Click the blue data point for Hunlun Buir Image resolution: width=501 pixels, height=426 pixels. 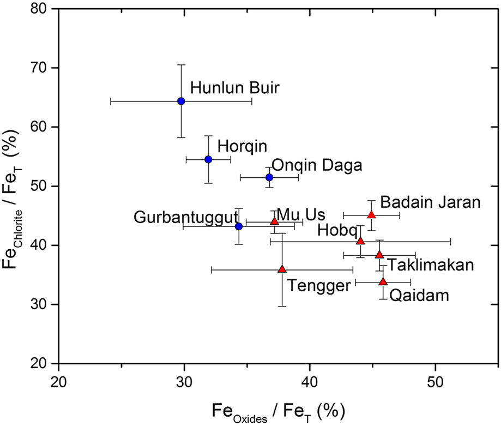(x=181, y=101)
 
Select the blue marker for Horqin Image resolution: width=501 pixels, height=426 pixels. (x=208, y=159)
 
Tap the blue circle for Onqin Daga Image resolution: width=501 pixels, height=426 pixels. (x=269, y=177)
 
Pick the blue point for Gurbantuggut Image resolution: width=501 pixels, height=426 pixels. (x=238, y=226)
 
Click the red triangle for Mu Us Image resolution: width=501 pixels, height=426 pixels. (x=275, y=221)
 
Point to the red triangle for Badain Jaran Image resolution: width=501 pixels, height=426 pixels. (x=371, y=215)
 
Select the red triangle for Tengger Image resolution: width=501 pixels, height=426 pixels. (x=282, y=269)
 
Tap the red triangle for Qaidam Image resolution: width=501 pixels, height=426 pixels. (x=383, y=281)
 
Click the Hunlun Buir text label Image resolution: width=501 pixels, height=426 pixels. (x=235, y=88)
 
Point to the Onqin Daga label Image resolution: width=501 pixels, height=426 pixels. (x=316, y=165)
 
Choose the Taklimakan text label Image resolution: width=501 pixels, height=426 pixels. (x=431, y=265)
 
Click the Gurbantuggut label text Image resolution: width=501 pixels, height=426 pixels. (x=186, y=218)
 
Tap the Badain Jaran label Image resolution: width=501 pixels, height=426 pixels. (x=430, y=202)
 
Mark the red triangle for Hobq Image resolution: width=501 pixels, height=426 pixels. (x=360, y=241)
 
